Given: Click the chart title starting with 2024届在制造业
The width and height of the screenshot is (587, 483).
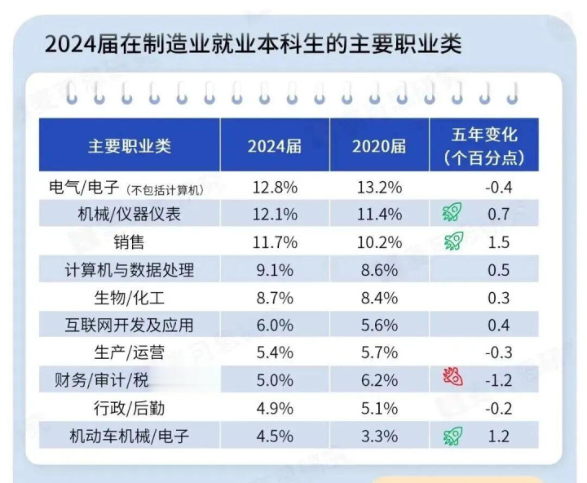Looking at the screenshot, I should click(x=254, y=43).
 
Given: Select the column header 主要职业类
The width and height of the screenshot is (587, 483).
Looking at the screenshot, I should click(x=130, y=145).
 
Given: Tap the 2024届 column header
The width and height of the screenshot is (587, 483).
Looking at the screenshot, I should click(x=275, y=146).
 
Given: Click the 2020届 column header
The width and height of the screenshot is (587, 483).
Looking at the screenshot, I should click(x=379, y=146).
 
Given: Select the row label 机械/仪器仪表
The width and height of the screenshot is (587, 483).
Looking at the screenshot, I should click(x=130, y=215).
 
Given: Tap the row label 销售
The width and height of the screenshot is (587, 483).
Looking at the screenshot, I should click(x=130, y=242).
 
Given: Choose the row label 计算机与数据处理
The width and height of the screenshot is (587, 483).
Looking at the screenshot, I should click(x=130, y=270).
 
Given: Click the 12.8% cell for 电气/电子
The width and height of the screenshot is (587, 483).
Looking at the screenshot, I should click(x=275, y=188).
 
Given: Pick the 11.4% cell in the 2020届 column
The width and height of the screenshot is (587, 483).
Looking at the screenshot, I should click(x=379, y=215).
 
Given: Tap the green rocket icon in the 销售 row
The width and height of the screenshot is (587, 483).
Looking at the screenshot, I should click(x=452, y=241).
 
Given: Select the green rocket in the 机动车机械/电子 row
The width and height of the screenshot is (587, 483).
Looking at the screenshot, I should click(x=452, y=436).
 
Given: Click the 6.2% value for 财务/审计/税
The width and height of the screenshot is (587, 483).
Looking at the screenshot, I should click(x=379, y=380).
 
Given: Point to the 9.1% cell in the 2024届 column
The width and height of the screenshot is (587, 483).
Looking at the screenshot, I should click(x=275, y=270).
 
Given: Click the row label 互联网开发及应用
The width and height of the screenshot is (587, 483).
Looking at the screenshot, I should click(x=130, y=325).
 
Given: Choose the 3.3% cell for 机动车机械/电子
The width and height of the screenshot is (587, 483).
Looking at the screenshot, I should click(x=379, y=436).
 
